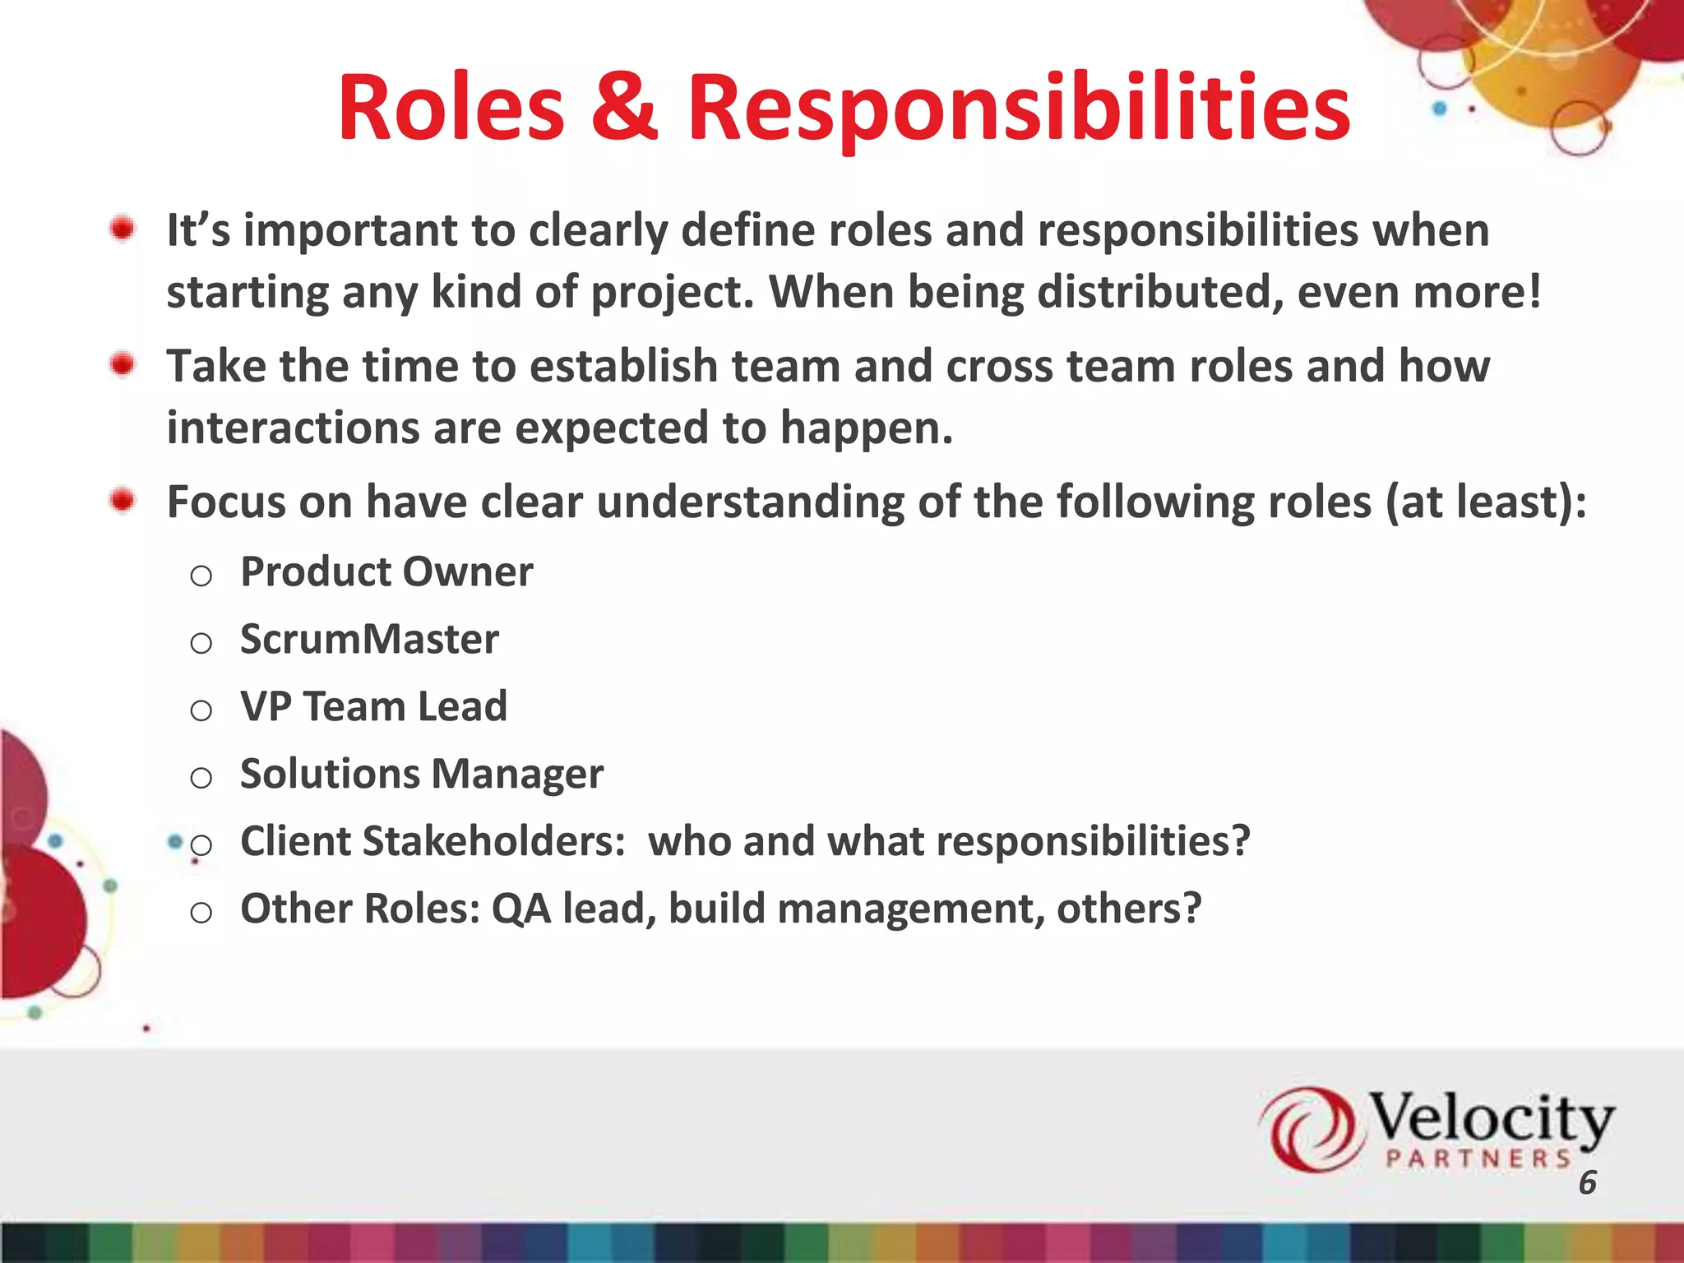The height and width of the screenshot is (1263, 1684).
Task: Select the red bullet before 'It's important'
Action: pos(123,229)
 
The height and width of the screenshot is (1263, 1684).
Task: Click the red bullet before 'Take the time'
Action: pos(123,364)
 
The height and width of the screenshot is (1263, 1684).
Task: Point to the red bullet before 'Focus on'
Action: pos(123,500)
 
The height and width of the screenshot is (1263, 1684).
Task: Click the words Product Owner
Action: pos(386,571)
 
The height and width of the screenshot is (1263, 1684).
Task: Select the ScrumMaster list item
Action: pos(369,639)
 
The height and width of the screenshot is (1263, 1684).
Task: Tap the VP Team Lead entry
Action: pos(373,706)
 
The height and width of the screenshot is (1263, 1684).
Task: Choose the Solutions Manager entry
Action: pos(421,774)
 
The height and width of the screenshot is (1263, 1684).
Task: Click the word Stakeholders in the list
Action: pos(493,841)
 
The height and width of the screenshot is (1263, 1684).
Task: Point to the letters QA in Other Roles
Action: pos(520,909)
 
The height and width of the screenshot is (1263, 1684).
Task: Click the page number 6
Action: pos(1587,1182)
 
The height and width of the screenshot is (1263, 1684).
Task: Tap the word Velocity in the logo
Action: pos(1490,1118)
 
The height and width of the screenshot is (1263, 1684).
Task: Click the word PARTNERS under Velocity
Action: pos(1478,1159)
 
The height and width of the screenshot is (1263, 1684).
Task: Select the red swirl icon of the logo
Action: pos(1307,1128)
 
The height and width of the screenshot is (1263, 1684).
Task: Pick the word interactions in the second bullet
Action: pos(293,428)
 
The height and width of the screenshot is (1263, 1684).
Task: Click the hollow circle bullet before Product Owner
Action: pos(201,576)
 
